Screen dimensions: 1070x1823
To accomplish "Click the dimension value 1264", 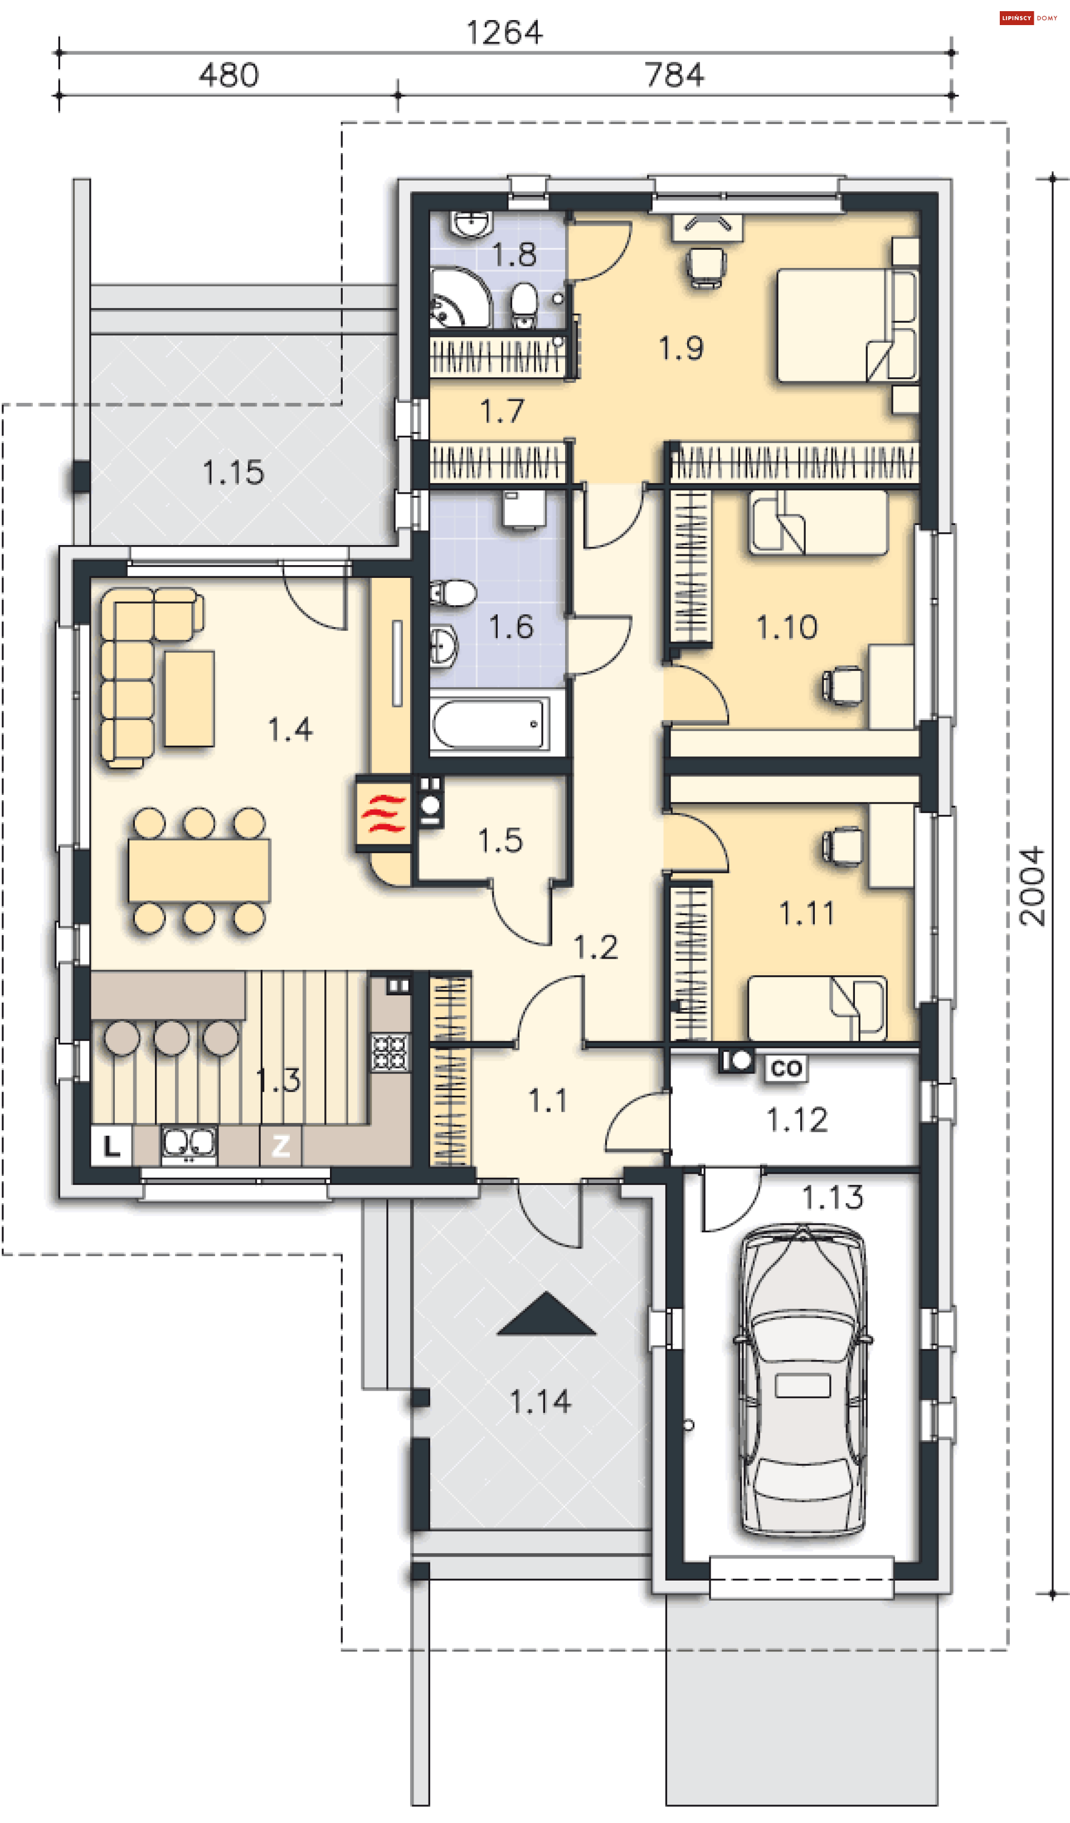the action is pos(504,32).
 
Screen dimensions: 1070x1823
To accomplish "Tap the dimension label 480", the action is pos(228,75).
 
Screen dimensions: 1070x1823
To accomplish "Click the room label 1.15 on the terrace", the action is pos(233,473).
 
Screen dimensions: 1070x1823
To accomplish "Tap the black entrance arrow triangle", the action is pos(546,1314).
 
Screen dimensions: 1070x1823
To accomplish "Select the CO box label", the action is pos(786,1068).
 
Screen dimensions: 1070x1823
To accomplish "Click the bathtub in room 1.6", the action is pos(489,723).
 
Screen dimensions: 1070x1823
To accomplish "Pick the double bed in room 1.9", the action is pos(847,325).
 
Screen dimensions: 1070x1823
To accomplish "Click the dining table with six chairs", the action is pos(199,871).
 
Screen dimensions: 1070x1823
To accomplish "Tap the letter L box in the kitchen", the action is pos(111,1146).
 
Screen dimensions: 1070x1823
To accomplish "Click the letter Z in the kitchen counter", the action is pos(281,1145).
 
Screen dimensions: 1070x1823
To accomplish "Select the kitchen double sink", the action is pos(189,1144).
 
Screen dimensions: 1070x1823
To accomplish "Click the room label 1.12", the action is pos(796,1120).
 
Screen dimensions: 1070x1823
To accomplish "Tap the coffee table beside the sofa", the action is pos(189,698).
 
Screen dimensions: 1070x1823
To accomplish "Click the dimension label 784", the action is pos(674,75).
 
